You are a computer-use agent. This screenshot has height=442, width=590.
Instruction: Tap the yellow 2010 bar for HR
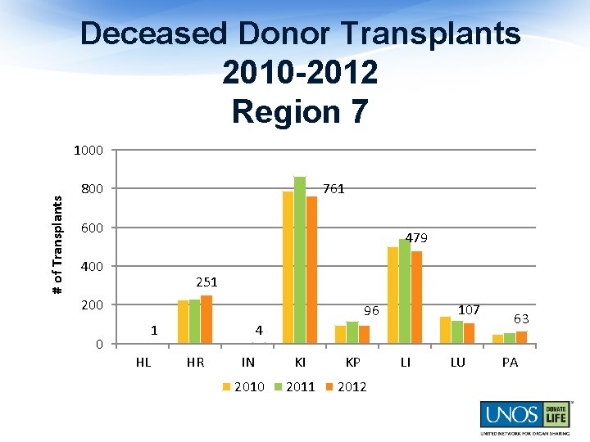[184, 322]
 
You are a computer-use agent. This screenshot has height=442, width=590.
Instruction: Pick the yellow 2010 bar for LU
[446, 330]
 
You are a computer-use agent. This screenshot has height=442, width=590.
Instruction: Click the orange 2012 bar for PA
[521, 337]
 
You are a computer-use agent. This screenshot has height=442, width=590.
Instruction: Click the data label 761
[334, 189]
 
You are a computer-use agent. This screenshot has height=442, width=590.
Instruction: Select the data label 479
[416, 238]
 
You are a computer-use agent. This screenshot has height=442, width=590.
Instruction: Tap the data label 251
[206, 282]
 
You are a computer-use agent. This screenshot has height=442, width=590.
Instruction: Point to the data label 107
[469, 310]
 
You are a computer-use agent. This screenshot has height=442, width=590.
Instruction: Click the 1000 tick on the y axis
[88, 151]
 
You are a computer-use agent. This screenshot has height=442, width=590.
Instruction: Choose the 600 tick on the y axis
[93, 228]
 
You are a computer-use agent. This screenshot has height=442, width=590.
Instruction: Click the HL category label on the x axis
[143, 363]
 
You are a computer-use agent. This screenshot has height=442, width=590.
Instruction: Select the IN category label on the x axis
[248, 363]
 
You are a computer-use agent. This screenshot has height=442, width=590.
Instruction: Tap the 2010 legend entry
[245, 387]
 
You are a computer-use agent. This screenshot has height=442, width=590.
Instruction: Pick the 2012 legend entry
[347, 387]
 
